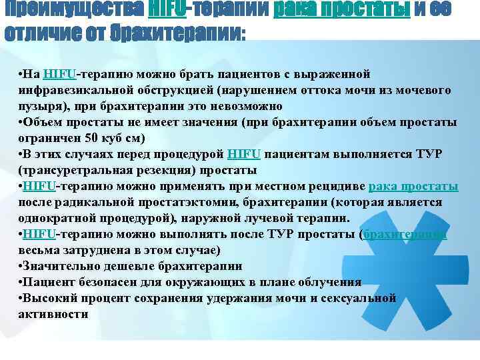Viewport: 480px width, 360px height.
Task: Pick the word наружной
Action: (207, 218)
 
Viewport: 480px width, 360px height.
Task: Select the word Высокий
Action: (47, 298)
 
